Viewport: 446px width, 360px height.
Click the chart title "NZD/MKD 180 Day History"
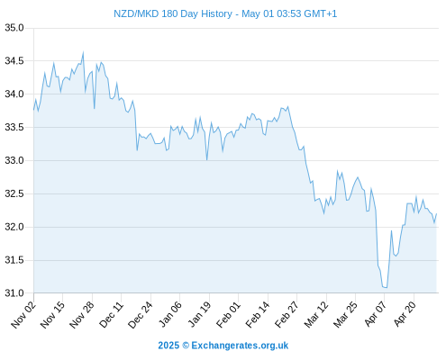click(173, 13)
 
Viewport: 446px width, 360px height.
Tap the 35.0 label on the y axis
click(14, 28)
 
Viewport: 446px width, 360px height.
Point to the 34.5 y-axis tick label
click(14, 61)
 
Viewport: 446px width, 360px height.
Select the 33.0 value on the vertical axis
click(14, 161)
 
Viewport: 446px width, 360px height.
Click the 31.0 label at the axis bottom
click(14, 293)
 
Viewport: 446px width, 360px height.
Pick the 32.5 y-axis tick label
click(14, 193)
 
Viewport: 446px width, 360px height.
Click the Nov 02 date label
click(23, 314)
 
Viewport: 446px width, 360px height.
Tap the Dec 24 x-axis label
click(141, 314)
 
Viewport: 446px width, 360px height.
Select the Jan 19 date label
click(199, 314)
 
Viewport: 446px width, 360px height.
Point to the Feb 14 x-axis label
click(258, 314)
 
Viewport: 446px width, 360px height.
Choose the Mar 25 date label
click(345, 314)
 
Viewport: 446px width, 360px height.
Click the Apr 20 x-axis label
click(405, 314)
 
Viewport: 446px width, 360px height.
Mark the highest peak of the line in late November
click(83, 52)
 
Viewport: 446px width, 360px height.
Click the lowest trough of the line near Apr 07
click(387, 288)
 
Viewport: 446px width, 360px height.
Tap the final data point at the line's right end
click(436, 213)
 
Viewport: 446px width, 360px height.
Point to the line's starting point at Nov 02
click(33, 110)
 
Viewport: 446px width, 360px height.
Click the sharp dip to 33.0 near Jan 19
click(207, 159)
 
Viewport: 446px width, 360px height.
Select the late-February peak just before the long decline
click(288, 106)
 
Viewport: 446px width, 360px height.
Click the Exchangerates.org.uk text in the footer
click(240, 346)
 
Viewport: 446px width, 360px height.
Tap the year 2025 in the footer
click(168, 346)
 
